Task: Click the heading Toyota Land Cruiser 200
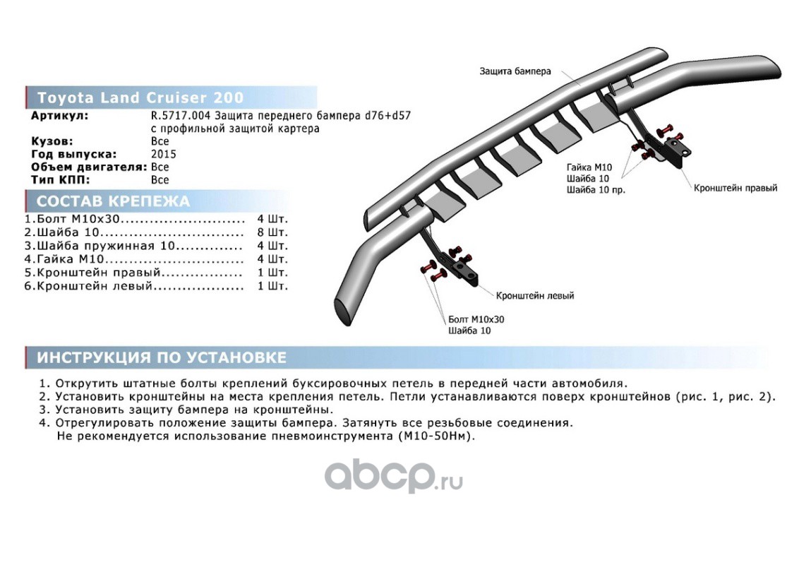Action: tap(140, 97)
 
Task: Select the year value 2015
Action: tap(164, 154)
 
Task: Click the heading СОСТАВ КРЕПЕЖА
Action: tap(113, 201)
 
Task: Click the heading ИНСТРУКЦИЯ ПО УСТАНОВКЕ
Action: tap(162, 357)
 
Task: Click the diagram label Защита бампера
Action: tap(515, 71)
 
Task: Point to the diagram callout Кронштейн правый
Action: tap(735, 189)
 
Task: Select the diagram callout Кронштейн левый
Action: tap(534, 295)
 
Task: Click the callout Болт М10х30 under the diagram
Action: tap(476, 319)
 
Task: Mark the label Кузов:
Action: tap(53, 141)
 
